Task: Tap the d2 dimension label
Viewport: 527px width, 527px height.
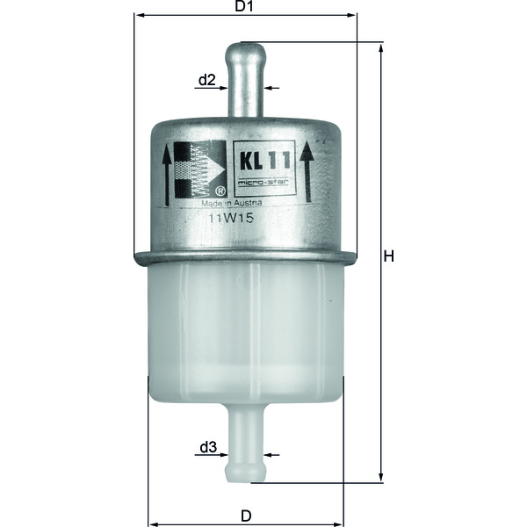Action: (206, 80)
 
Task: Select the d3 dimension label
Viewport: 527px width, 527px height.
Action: (207, 447)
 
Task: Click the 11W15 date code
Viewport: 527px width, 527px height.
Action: (231, 219)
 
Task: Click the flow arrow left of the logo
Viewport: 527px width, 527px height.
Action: (167, 176)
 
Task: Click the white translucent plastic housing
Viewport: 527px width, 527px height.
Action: (245, 334)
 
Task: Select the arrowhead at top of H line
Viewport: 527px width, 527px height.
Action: (380, 47)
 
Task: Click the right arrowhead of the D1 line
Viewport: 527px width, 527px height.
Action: (353, 15)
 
